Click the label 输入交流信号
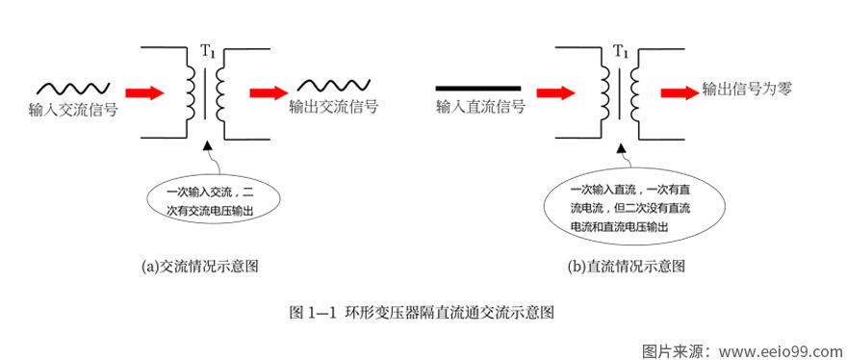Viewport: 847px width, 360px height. point(73,110)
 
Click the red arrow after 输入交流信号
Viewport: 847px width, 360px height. point(145,93)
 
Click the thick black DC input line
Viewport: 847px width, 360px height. point(477,88)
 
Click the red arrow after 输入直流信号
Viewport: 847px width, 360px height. point(555,93)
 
